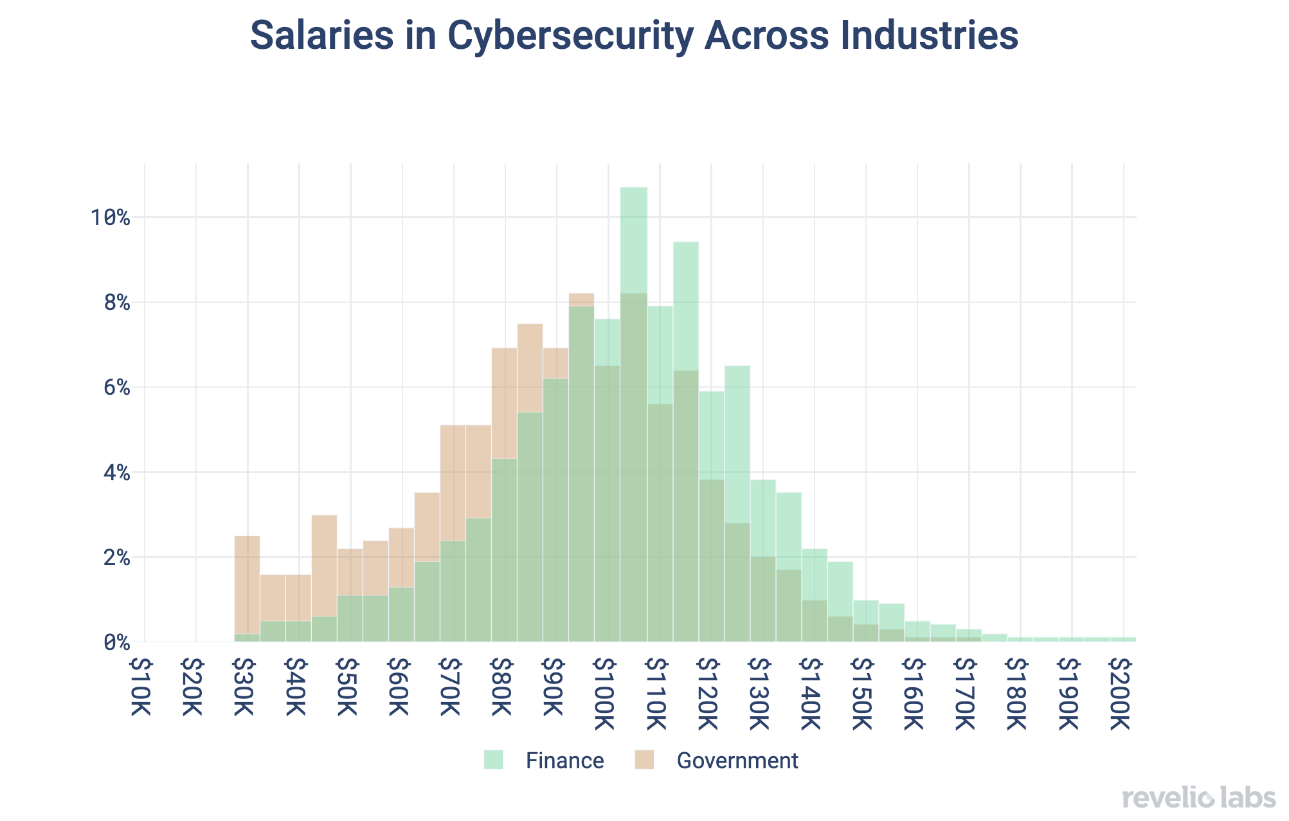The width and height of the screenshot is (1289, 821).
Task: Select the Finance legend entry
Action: pyautogui.click(x=564, y=761)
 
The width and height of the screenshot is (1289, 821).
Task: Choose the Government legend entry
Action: pyautogui.click(x=737, y=761)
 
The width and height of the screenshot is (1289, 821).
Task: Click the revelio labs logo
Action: pyautogui.click(x=1198, y=798)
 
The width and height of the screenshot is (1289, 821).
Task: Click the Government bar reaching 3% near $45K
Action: pyautogui.click(x=324, y=566)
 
